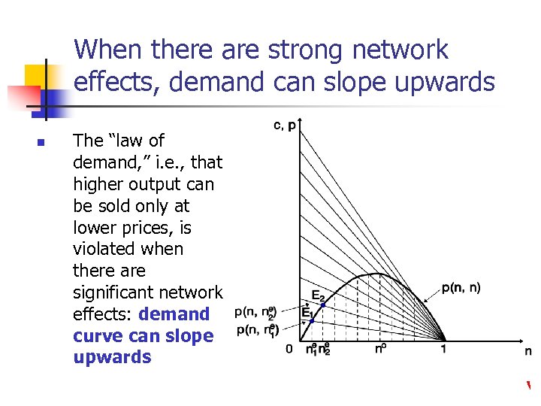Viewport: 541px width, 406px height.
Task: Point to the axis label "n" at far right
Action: [527, 350]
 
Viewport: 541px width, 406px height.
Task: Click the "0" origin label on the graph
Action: [289, 350]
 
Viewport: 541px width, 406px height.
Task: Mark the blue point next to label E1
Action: [312, 321]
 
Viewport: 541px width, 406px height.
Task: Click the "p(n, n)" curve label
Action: [461, 287]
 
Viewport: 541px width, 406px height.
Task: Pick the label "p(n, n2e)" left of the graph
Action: [255, 312]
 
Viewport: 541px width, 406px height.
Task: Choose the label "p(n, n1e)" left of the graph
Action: [258, 331]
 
